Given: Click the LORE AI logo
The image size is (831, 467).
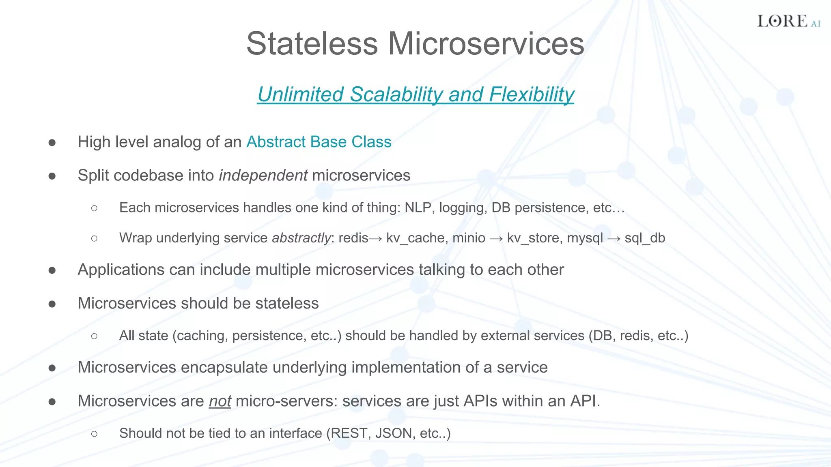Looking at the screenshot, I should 788,21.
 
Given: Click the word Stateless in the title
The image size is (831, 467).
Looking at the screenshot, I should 312,43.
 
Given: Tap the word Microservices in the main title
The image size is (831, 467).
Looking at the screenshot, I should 486,43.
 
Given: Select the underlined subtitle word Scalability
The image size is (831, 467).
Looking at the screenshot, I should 396,94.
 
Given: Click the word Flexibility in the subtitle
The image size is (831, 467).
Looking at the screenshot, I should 532,94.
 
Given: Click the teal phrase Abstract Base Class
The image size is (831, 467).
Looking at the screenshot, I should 319,142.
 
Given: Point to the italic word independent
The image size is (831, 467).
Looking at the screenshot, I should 263,176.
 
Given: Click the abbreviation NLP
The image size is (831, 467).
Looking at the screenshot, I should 418,208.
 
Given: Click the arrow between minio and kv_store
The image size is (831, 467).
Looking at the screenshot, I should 496,238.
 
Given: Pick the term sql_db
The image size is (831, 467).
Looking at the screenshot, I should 645,238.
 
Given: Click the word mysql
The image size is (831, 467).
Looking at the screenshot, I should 585,238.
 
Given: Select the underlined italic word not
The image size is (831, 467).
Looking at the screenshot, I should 220,401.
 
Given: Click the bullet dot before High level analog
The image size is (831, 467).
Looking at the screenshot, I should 52,142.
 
